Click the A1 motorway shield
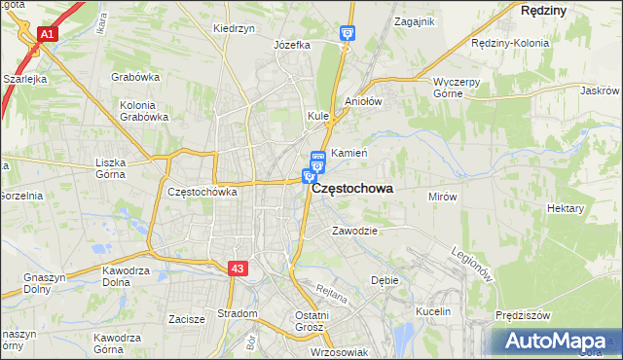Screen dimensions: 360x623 tap(46, 34)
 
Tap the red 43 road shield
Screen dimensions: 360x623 tap(238, 268)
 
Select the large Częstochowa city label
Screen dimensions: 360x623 tap(352, 192)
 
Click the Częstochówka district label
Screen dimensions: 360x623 tap(202, 192)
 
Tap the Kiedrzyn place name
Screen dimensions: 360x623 tap(234, 28)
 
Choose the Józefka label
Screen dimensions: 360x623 tap(291, 45)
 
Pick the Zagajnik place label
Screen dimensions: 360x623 tap(414, 20)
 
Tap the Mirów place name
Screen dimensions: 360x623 tap(443, 196)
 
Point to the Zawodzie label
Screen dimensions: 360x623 tap(353, 232)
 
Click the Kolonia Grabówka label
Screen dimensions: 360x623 tap(144, 111)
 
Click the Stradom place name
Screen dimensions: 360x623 tap(237, 313)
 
